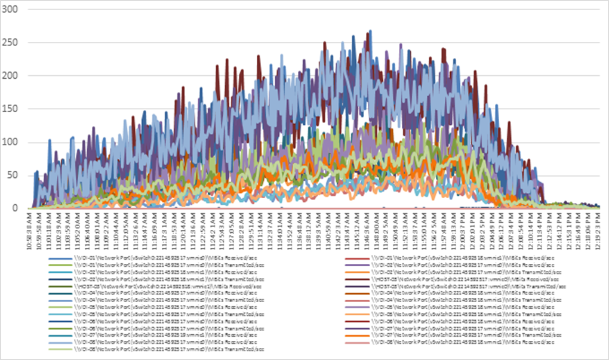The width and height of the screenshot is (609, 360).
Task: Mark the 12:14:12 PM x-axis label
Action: (x=550, y=227)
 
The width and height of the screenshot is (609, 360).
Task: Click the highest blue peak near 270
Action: (x=371, y=30)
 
